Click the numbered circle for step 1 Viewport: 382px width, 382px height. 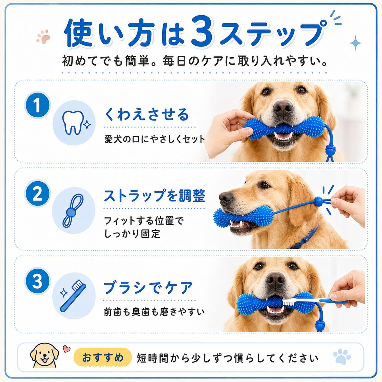(37, 105)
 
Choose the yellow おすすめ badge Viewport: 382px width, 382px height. (103, 358)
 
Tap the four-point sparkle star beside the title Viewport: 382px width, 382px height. (355, 44)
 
